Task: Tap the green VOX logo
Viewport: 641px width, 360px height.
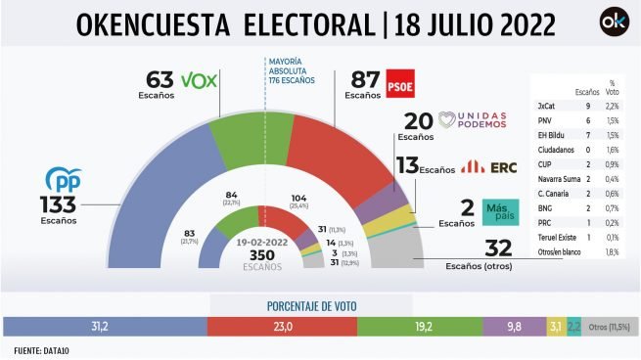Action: pos(200,79)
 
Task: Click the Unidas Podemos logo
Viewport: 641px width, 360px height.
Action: pos(475,120)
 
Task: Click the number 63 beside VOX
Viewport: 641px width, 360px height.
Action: pos(159,79)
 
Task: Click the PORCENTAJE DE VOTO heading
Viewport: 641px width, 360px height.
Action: pos(319,304)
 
